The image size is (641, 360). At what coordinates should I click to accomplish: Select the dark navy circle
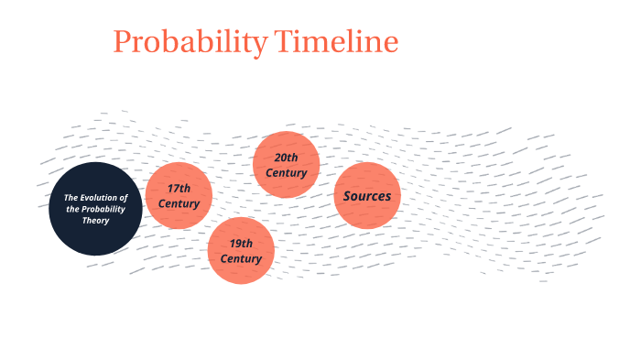(95, 208)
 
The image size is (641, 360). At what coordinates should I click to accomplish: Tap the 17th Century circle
(179, 195)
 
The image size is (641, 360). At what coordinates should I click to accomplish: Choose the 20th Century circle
(286, 165)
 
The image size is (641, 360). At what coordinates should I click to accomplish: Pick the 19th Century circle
(241, 251)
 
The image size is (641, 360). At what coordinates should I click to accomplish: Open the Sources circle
(367, 195)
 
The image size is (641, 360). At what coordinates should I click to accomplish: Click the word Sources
(367, 196)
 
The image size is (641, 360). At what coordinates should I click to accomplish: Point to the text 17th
(179, 188)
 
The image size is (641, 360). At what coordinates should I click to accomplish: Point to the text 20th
(287, 158)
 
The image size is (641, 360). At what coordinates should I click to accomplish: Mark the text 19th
(241, 244)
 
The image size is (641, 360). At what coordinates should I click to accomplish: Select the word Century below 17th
(179, 203)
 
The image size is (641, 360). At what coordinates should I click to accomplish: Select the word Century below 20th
(287, 173)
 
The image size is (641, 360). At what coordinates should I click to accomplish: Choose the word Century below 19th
(241, 259)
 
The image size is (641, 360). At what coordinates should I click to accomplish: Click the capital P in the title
(122, 42)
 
